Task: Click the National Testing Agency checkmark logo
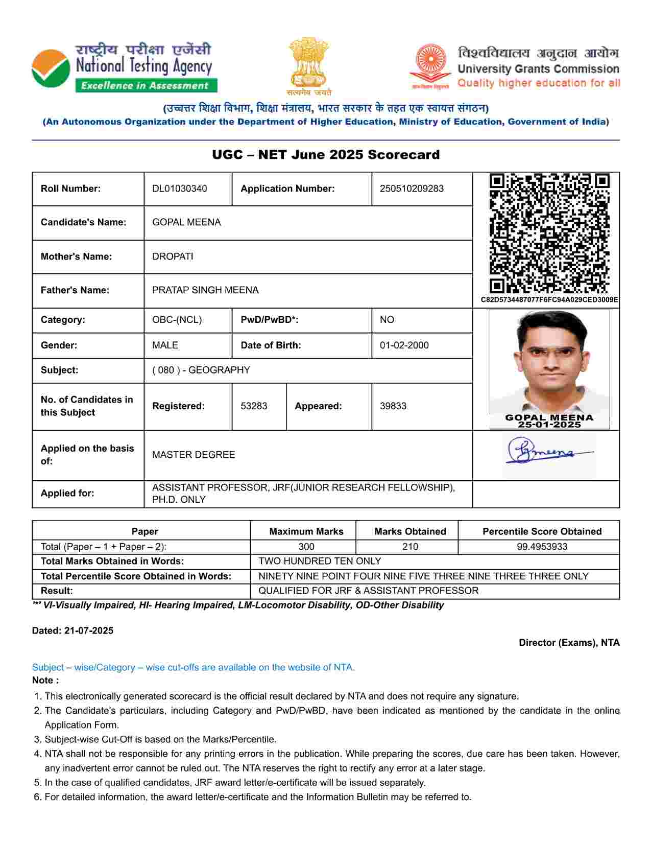point(51,69)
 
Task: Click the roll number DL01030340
point(180,189)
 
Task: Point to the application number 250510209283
point(412,189)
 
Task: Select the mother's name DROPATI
point(173,256)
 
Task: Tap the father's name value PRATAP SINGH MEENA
point(205,290)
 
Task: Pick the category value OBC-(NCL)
point(177,320)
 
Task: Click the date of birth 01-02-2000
point(404,345)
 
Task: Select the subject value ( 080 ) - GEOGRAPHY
point(201,370)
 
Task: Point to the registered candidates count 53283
point(254,406)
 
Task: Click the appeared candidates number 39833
point(393,406)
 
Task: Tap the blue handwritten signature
point(546,452)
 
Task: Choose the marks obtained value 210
point(410,547)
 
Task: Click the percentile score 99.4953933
point(542,547)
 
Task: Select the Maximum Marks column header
point(306,531)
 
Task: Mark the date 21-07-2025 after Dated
point(89,630)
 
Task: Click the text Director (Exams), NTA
point(569,643)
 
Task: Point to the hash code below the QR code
point(549,300)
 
